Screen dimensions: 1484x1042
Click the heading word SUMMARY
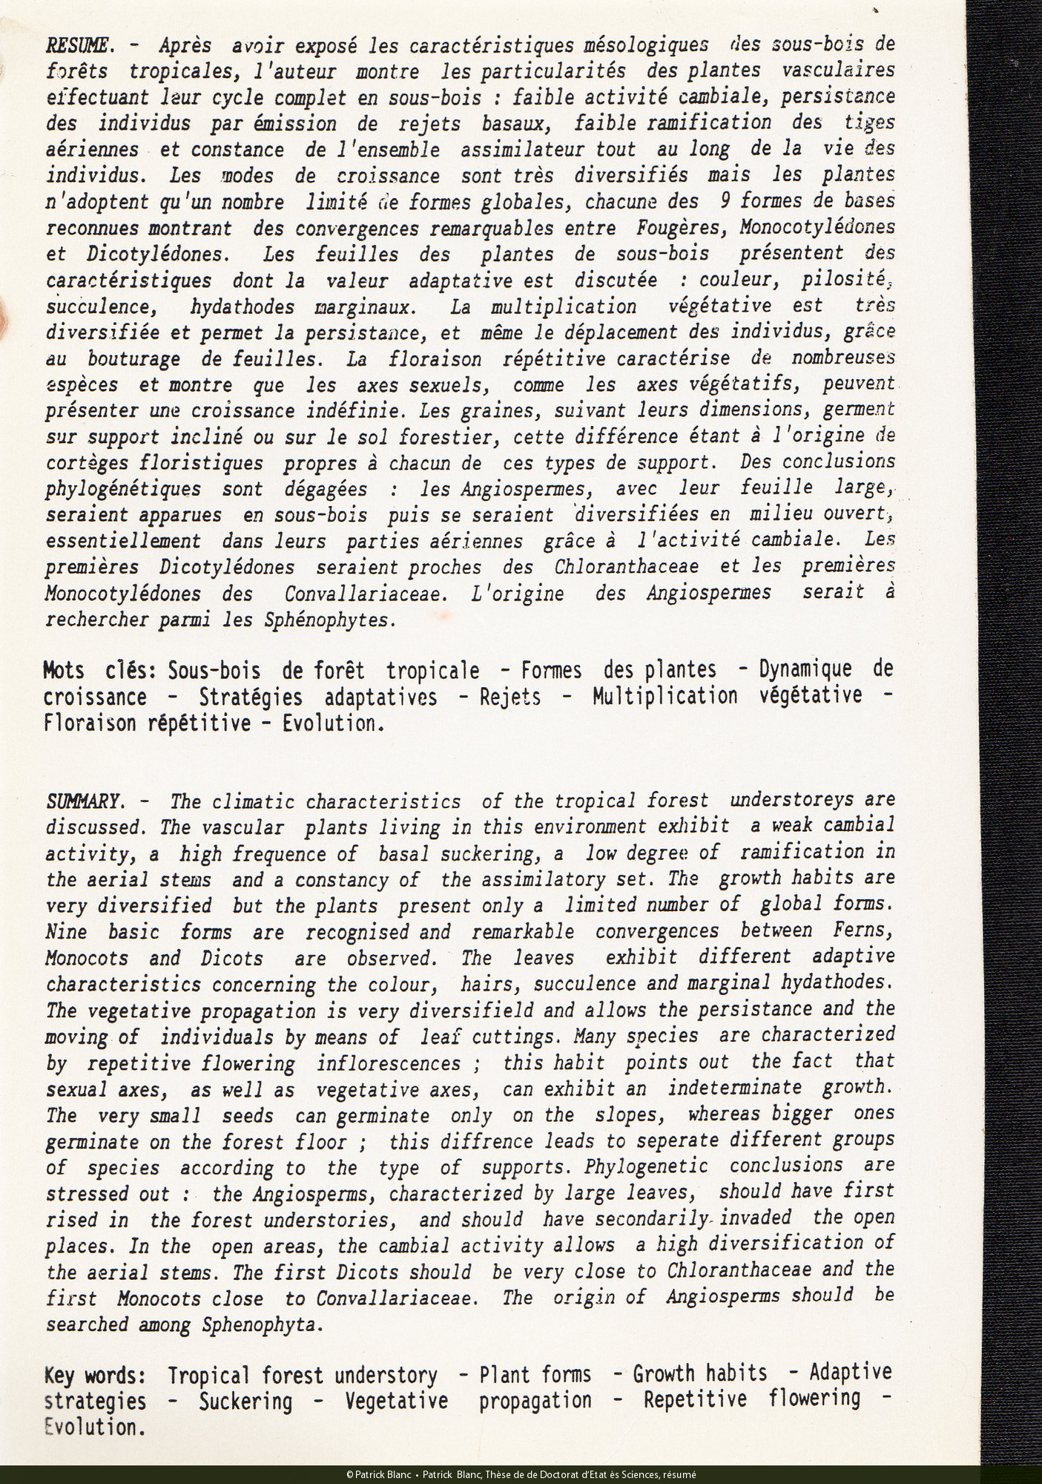coord(83,801)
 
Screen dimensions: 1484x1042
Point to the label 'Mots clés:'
coord(99,670)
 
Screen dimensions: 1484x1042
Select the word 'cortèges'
coord(89,463)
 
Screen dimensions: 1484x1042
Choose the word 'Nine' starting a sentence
coord(65,932)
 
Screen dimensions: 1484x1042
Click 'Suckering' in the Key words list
coord(245,1401)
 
